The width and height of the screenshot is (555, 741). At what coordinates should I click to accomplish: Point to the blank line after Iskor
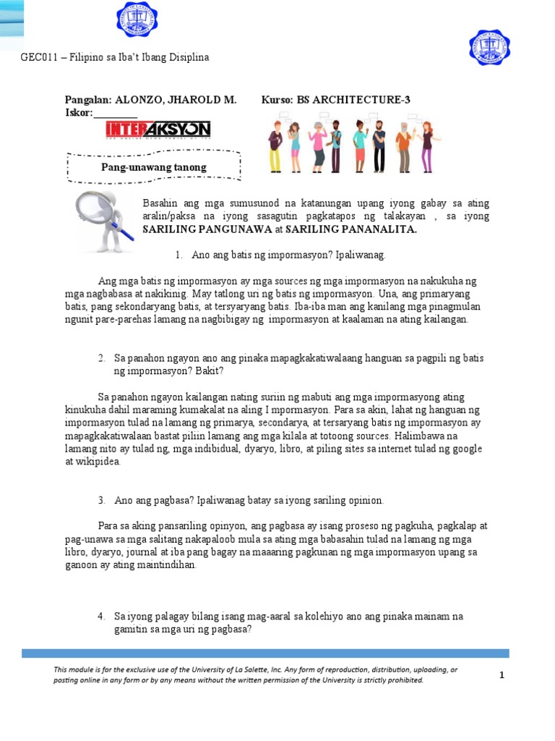click(x=116, y=114)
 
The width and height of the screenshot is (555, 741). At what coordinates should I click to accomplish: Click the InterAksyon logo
click(x=158, y=130)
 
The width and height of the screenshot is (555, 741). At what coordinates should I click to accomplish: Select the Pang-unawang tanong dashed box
click(x=153, y=167)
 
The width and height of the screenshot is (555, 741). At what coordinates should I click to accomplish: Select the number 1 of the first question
click(x=178, y=255)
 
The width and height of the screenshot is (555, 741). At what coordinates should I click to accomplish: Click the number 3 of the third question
click(x=101, y=500)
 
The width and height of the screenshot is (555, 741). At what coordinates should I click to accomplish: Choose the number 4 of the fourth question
click(x=101, y=616)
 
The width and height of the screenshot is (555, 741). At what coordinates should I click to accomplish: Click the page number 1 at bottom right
click(x=501, y=675)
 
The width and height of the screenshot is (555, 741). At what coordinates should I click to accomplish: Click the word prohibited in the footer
click(x=404, y=680)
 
